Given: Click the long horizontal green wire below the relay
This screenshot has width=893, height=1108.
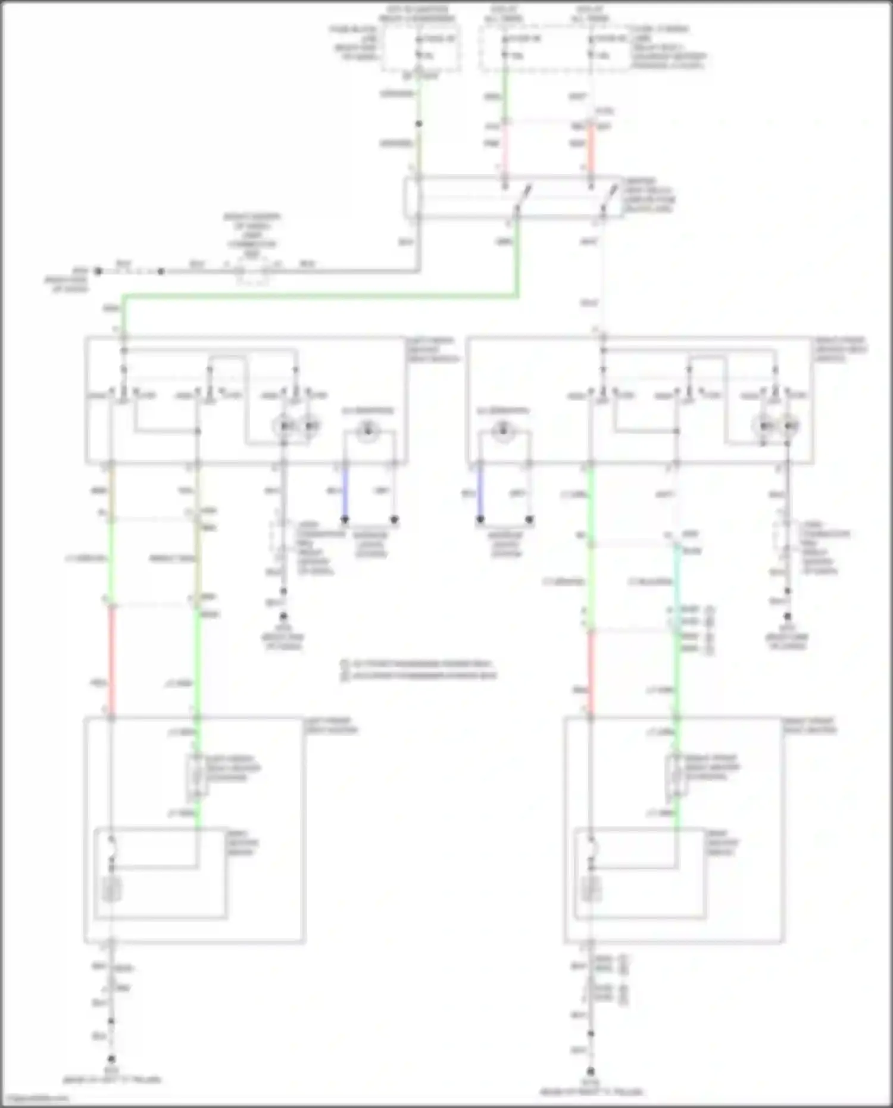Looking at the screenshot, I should coord(321,295).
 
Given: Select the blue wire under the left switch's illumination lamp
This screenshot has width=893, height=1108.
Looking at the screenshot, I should coord(345,494).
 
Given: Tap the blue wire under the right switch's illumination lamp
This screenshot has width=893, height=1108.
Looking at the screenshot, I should coord(480,494).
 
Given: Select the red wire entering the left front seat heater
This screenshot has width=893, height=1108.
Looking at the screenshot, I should coord(111,661).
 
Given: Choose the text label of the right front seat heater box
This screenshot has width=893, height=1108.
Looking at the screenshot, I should coord(809,725).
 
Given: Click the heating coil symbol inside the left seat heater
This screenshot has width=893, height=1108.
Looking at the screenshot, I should coord(111,890).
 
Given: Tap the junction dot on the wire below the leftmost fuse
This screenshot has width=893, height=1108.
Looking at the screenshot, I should coord(419,124).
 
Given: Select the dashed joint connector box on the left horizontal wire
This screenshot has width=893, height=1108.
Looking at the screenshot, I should coord(252,271).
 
